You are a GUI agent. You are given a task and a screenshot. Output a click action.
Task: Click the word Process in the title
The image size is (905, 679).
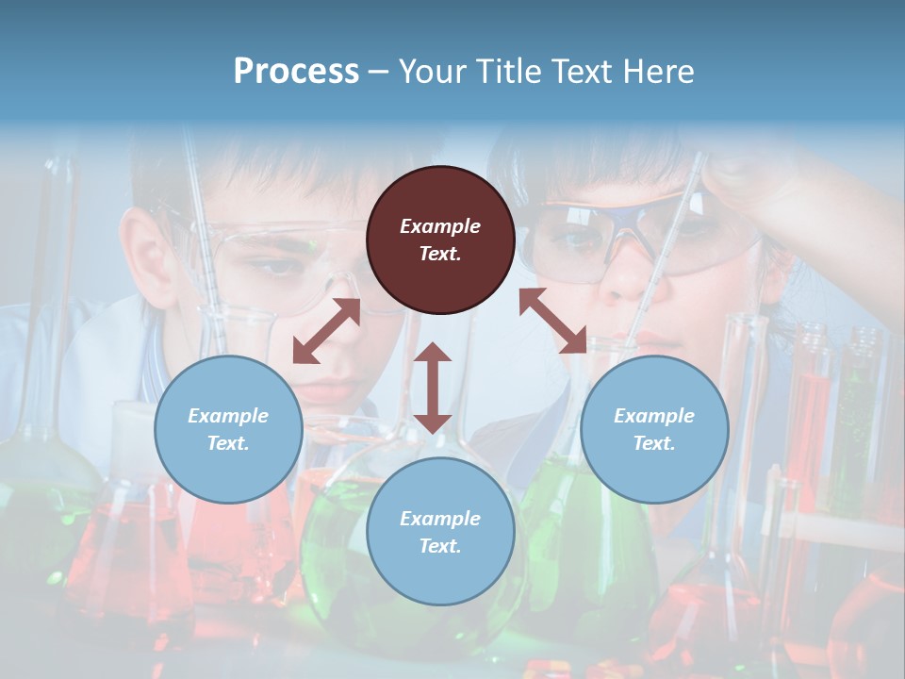pyautogui.click(x=296, y=72)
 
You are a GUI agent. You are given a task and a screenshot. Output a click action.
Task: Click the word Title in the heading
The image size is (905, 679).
pyautogui.click(x=505, y=72)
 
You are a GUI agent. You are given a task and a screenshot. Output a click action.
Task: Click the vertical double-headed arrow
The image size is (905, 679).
pyautogui.click(x=433, y=388)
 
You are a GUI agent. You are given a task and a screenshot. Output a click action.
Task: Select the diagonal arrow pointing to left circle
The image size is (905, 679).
pyautogui.click(x=326, y=331)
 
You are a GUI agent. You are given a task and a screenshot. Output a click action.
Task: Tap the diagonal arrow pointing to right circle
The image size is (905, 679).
pyautogui.click(x=552, y=321)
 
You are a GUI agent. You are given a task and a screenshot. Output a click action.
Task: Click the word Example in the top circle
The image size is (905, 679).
pyautogui.click(x=440, y=226)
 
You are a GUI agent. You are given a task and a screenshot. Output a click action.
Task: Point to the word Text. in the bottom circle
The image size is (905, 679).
pyautogui.click(x=440, y=546)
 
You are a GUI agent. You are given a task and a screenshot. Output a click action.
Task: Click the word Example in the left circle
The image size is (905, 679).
pyautogui.click(x=228, y=416)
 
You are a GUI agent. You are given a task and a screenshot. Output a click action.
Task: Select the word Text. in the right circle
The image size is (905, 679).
pyautogui.click(x=654, y=443)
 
